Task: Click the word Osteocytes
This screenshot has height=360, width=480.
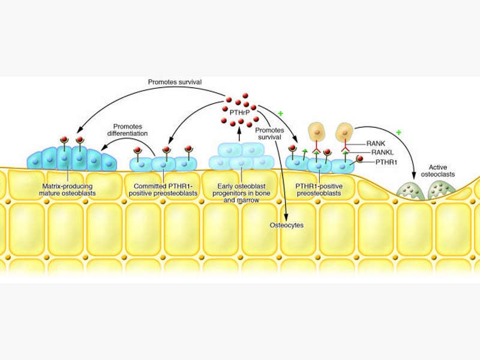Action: pyautogui.click(x=286, y=225)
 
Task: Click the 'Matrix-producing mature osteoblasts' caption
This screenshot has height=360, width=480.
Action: pyautogui.click(x=66, y=190)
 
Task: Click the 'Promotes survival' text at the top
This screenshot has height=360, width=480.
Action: pyautogui.click(x=175, y=81)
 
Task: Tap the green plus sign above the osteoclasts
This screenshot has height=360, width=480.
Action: pyautogui.click(x=398, y=131)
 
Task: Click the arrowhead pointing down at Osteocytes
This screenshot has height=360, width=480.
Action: pyautogui.click(x=287, y=217)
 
